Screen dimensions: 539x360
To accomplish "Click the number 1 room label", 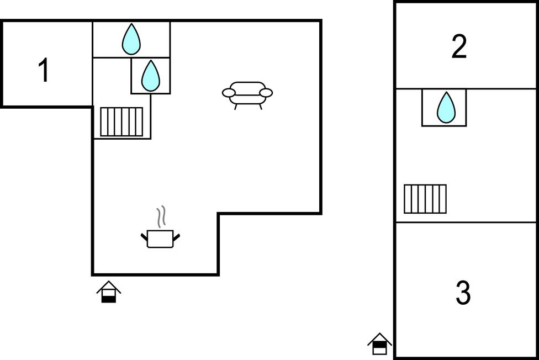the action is pos(44,70).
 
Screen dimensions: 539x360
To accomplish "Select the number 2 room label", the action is pos(459,46).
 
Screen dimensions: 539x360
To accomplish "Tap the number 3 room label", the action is pos(463,292).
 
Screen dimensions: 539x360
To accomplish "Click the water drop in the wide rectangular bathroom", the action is pos(131,39).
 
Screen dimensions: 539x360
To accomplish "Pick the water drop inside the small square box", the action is pos(151,76).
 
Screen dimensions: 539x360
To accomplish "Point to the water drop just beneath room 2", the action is pos(446,107).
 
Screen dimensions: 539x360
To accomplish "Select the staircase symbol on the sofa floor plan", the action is pos(121,121).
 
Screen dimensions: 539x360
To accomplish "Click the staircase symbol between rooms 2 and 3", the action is pos(425,199).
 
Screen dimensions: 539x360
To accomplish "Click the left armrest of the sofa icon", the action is pos(229,93).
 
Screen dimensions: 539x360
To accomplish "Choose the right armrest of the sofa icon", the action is pos(266,93).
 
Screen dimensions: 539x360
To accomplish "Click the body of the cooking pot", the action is pos(160,239).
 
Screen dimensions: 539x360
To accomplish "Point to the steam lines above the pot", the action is pos(161,216).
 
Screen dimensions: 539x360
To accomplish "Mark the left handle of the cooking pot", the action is pos(144,237).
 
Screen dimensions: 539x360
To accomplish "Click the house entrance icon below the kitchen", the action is pos(109,292).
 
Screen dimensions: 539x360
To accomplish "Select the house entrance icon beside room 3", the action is pos(379,343).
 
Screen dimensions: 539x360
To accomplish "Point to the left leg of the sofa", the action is pos(236,107).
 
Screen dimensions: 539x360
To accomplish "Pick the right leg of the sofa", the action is pos(261,107).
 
